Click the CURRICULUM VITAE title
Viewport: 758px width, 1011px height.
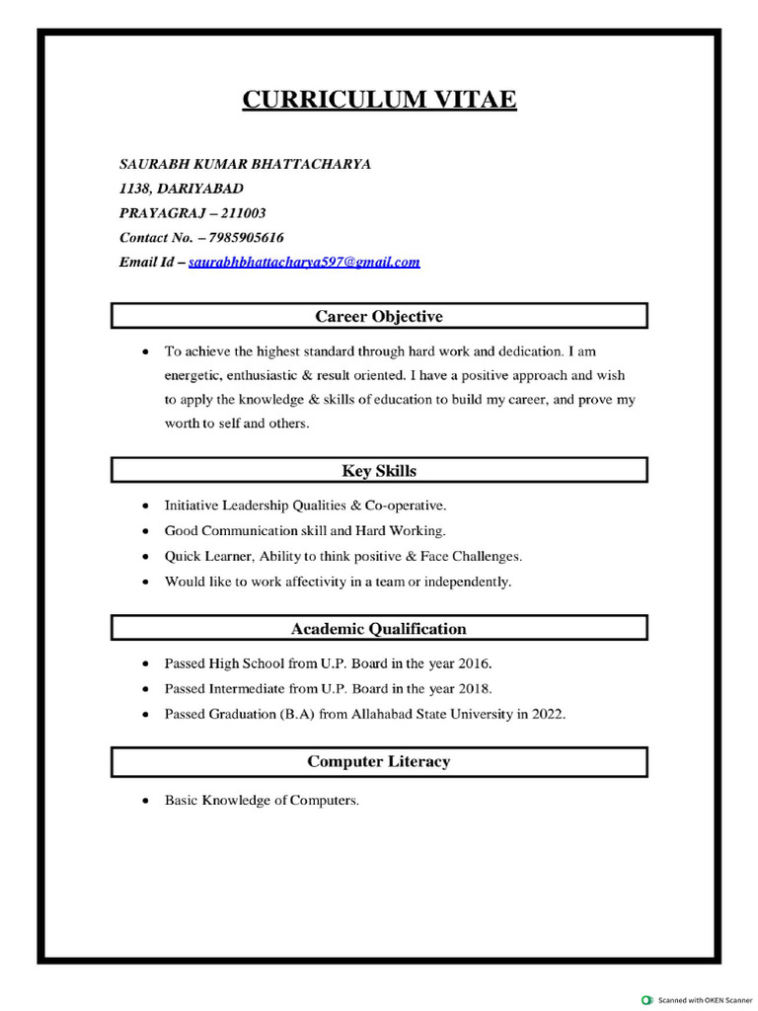click(379, 100)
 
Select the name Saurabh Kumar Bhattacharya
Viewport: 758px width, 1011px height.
click(245, 164)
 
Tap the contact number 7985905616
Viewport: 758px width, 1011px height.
click(247, 237)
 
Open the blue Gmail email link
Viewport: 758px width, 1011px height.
click(304, 262)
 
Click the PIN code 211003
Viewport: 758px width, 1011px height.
click(243, 212)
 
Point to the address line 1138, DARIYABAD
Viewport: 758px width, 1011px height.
click(181, 188)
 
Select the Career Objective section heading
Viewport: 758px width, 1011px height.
click(379, 316)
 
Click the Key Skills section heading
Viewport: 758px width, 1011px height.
click(379, 471)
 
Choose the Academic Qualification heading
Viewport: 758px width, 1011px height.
click(379, 628)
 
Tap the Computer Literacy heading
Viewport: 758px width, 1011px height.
click(379, 761)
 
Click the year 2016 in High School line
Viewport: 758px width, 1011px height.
click(474, 662)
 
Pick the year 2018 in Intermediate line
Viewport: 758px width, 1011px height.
click(474, 688)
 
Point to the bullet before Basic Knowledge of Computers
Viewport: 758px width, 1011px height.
click(146, 801)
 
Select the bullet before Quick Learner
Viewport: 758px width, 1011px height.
click(146, 557)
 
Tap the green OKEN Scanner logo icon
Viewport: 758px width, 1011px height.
click(647, 999)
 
